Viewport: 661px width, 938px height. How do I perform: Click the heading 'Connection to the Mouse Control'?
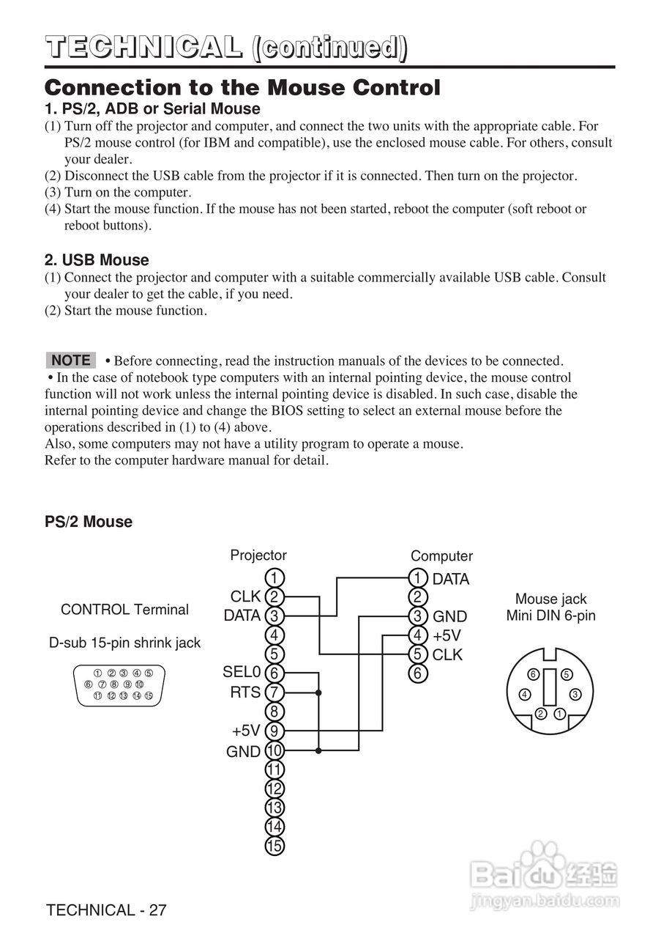[x=242, y=89]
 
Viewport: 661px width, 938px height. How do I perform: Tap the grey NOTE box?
[x=71, y=360]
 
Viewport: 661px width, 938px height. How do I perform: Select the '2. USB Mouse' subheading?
[x=97, y=260]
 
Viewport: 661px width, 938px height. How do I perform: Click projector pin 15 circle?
[x=274, y=846]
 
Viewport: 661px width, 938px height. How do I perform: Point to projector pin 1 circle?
[x=274, y=577]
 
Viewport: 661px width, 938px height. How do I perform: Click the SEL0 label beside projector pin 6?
[x=242, y=672]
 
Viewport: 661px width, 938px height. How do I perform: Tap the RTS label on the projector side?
[x=246, y=692]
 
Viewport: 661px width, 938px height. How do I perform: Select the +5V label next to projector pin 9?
[x=246, y=731]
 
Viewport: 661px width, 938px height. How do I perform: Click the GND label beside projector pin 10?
[x=243, y=751]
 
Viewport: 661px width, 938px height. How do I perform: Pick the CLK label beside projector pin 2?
[x=246, y=597]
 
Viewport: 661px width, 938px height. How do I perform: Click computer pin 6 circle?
[x=417, y=673]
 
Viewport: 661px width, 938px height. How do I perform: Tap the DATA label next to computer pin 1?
[x=451, y=579]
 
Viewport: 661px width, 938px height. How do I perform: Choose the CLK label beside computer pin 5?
[x=448, y=654]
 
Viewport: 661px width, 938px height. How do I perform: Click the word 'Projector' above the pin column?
[x=258, y=555]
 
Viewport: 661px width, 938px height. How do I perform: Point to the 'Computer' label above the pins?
[x=441, y=556]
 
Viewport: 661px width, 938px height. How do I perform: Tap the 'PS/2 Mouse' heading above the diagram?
[x=89, y=522]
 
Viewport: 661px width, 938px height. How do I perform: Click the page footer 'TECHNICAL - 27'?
[x=106, y=910]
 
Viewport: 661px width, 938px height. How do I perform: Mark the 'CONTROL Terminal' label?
[x=124, y=610]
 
